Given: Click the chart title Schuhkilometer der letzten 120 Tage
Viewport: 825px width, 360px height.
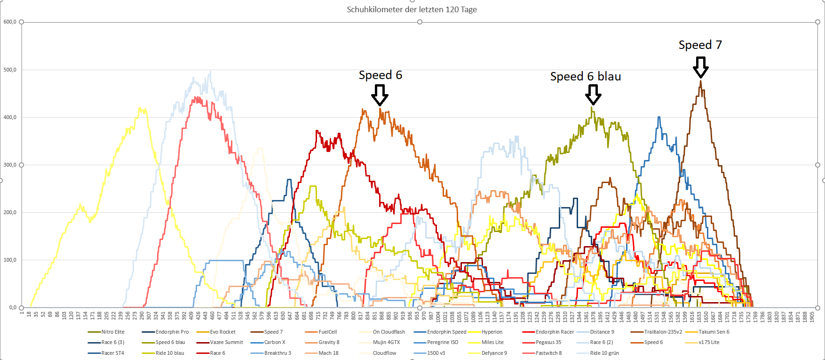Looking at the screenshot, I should [x=412, y=9].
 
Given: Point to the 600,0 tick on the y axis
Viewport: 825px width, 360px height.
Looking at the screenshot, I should [x=10, y=22].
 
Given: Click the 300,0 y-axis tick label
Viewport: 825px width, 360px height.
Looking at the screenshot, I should [x=10, y=165].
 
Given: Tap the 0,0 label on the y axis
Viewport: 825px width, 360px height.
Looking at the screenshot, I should [x=11, y=307].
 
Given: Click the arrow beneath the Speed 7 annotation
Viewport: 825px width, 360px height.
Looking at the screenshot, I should [x=701, y=67].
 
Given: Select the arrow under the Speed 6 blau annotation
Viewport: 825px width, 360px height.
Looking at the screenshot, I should [x=593, y=95].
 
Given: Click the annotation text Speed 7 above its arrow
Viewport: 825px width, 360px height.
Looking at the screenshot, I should [x=700, y=45].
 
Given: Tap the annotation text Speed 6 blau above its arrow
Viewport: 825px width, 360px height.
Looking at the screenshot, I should [x=586, y=77].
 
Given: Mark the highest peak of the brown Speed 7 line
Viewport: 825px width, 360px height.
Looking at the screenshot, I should [x=700, y=81].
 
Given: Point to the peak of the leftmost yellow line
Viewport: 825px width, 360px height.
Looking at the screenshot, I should [x=140, y=108].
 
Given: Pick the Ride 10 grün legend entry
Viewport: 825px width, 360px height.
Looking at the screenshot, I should [x=604, y=353].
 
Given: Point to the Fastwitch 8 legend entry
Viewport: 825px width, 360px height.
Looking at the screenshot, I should [x=548, y=353].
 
